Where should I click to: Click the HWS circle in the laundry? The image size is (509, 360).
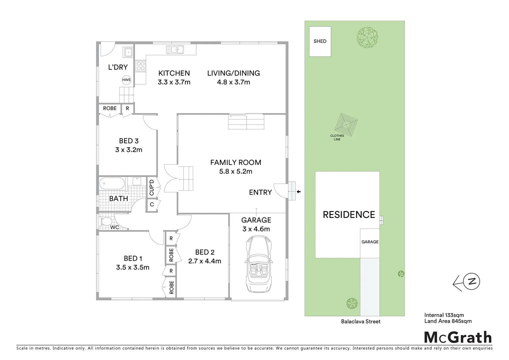pyautogui.click(x=126, y=80)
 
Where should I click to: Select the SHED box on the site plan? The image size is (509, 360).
pyautogui.click(x=320, y=41)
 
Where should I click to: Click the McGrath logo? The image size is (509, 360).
pyautogui.click(x=458, y=337)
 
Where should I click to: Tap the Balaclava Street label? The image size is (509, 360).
pyautogui.click(x=360, y=322)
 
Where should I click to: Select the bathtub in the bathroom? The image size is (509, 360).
pyautogui.click(x=112, y=183)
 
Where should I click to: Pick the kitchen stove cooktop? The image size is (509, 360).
pyautogui.click(x=140, y=65)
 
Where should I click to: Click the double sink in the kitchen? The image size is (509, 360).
pyautogui.click(x=175, y=50)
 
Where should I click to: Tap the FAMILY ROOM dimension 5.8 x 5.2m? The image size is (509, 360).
pyautogui.click(x=236, y=172)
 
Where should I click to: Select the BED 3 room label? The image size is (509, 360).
pyautogui.click(x=129, y=141)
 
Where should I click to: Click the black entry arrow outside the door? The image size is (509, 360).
pyautogui.click(x=298, y=192)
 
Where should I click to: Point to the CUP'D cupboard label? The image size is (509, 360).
pyautogui.click(x=152, y=188)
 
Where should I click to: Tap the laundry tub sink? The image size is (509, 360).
pyautogui.click(x=128, y=52)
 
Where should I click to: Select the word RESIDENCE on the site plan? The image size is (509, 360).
pyautogui.click(x=349, y=215)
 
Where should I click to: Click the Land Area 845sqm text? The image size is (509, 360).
pyautogui.click(x=448, y=321)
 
